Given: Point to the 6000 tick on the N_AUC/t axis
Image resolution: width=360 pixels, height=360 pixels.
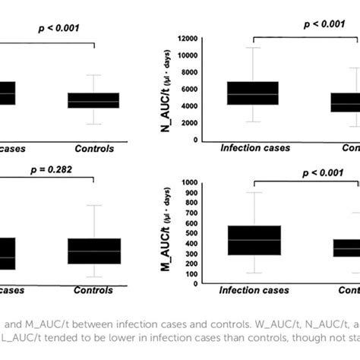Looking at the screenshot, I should coord(190,89).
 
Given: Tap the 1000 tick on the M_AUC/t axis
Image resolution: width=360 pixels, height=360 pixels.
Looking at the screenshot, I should coord(190,183).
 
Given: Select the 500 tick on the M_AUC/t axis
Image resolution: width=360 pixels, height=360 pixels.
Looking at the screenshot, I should coord(191,233).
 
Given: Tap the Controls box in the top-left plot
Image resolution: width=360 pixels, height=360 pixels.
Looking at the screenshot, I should coord(93,100).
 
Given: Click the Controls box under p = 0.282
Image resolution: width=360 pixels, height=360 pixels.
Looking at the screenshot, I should coord(93,251).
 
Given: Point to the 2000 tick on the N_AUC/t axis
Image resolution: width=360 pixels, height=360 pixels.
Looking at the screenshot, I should coord(190,123).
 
